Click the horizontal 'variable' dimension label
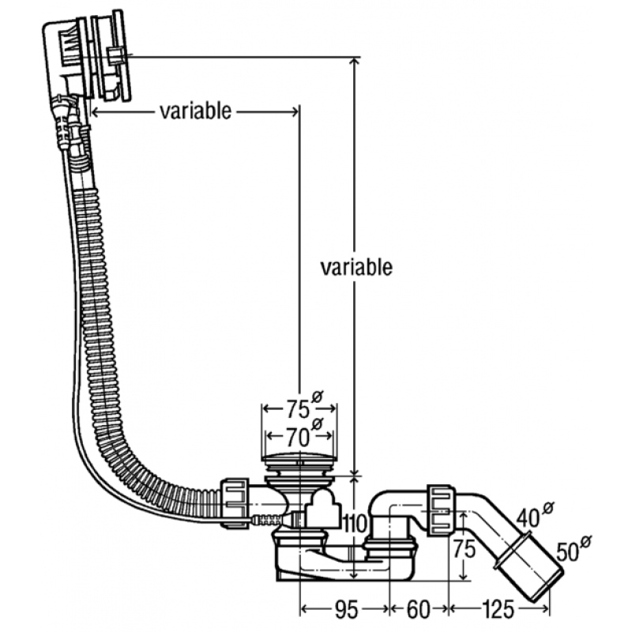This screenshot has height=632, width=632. click(195, 111)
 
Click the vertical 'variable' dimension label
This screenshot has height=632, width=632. click(356, 267)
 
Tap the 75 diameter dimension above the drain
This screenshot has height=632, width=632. click(299, 409)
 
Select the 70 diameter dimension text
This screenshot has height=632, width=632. click(299, 437)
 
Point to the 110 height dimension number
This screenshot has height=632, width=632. click(354, 524)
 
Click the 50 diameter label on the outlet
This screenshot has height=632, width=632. click(568, 551)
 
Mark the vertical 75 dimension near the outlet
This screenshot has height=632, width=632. click(465, 548)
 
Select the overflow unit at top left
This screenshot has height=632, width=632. click(87, 56)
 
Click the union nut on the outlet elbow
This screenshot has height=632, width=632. click(442, 511)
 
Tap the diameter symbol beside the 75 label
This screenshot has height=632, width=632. click(318, 397)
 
